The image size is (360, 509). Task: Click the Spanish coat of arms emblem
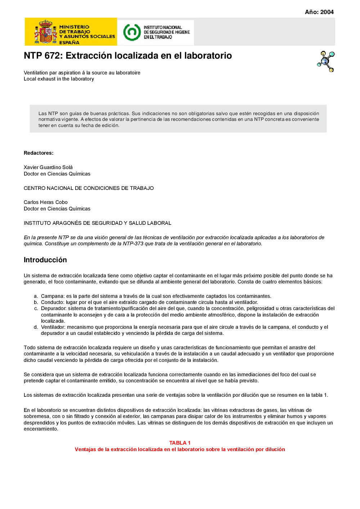pos(46,32)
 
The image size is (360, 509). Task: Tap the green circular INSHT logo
pos(132,32)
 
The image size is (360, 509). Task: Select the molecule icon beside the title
pos(326,61)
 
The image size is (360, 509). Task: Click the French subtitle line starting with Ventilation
pos(82,73)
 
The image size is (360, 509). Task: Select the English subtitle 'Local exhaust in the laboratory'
pos(59,79)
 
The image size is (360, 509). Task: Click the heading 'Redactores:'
pos(39,153)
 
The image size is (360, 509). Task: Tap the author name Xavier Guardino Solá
pos(48,167)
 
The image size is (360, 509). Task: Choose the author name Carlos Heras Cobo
pos(46,202)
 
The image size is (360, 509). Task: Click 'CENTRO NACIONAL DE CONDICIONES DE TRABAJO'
pos(89,188)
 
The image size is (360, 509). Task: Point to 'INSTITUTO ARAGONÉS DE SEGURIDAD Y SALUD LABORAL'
pos(97,223)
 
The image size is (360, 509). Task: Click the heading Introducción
pos(45,260)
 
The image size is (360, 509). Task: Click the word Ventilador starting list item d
pos(53,327)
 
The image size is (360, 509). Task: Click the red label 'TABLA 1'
pos(180,443)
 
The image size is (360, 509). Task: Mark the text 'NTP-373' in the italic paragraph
pos(133,244)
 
